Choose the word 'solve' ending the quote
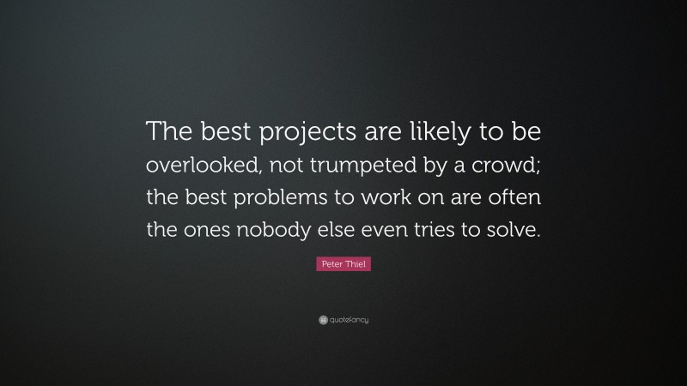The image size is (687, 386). (x=513, y=229)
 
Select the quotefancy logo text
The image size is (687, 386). (x=348, y=320)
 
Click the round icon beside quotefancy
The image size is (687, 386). (x=323, y=320)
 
